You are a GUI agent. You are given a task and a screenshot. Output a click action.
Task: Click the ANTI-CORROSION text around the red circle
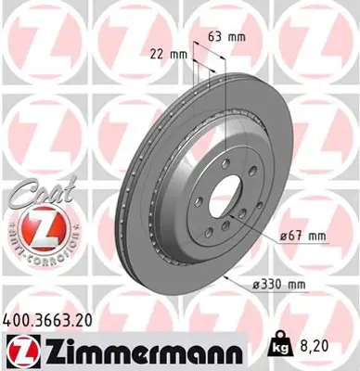pos(36,249)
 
